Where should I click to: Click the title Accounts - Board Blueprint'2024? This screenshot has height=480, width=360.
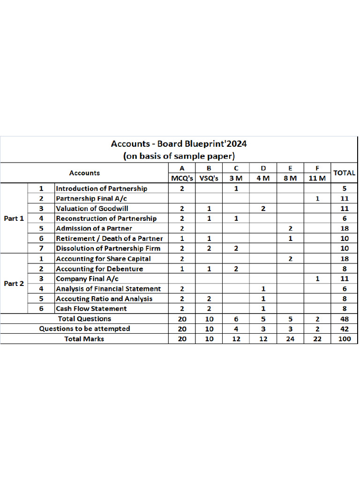point(179,144)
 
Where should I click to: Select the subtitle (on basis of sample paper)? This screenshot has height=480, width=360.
point(179,156)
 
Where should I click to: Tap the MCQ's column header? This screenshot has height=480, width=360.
point(182,178)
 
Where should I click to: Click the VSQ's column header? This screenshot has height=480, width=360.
point(209,178)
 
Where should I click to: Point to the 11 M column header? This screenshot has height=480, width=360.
point(317,178)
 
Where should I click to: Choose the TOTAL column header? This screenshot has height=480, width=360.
point(344,173)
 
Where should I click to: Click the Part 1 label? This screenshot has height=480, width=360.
point(14,218)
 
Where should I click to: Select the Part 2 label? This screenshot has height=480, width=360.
point(14,284)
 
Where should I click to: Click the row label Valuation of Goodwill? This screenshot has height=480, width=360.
point(92,208)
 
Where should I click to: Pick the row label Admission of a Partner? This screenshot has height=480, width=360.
point(94,228)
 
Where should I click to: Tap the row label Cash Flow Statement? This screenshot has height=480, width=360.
point(91,308)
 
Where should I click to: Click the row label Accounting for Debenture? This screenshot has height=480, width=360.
point(99,269)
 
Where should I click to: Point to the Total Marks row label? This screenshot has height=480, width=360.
point(84,338)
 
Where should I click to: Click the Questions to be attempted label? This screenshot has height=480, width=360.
point(84,329)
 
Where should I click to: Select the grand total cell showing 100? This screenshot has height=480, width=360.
point(344,338)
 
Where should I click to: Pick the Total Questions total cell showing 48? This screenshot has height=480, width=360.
point(344,319)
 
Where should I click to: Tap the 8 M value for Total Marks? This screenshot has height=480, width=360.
point(290,338)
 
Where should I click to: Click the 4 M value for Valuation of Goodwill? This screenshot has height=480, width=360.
point(263,208)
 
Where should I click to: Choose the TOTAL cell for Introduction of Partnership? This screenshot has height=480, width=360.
point(344,188)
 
